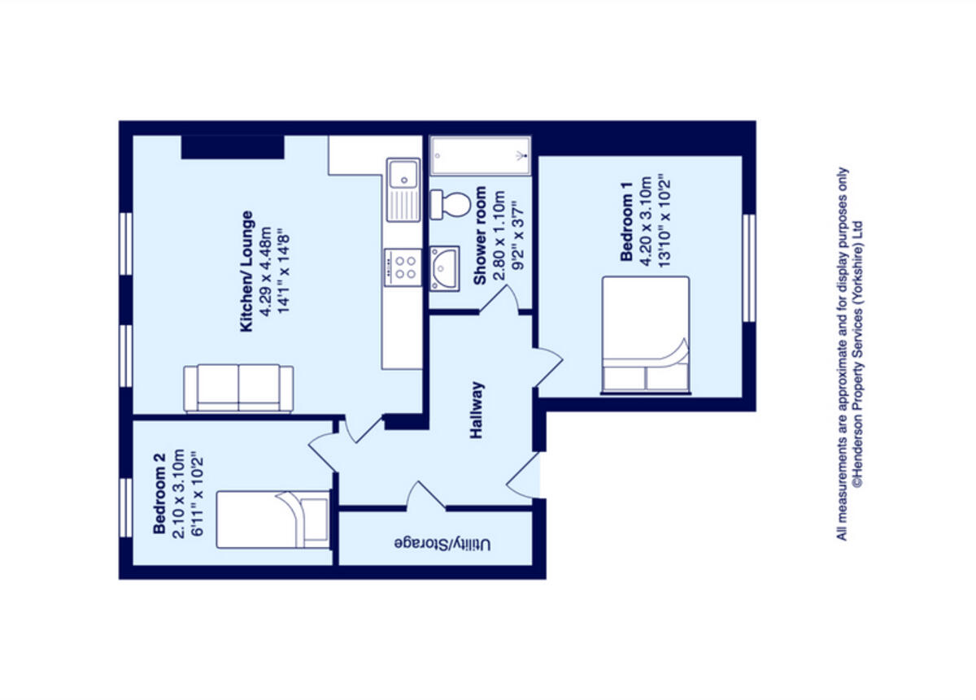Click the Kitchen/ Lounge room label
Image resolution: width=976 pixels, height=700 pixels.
click(x=246, y=272)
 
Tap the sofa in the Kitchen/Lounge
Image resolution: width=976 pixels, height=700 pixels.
click(x=238, y=389)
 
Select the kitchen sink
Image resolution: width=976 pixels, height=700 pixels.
click(x=403, y=189)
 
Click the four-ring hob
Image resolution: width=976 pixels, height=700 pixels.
click(x=403, y=267)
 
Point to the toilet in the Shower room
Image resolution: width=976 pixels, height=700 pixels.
click(x=451, y=203)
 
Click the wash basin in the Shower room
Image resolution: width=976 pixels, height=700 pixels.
click(x=447, y=267)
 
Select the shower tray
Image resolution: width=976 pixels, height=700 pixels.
click(x=480, y=154)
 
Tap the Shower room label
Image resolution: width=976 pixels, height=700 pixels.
click(x=480, y=236)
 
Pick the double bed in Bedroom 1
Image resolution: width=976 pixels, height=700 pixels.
click(x=646, y=335)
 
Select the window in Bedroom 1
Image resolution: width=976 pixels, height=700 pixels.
click(x=749, y=267)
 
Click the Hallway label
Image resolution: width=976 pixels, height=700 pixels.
click(x=477, y=411)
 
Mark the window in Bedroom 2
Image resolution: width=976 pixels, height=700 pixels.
click(x=126, y=507)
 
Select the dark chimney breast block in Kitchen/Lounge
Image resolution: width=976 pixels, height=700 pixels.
click(x=232, y=147)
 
